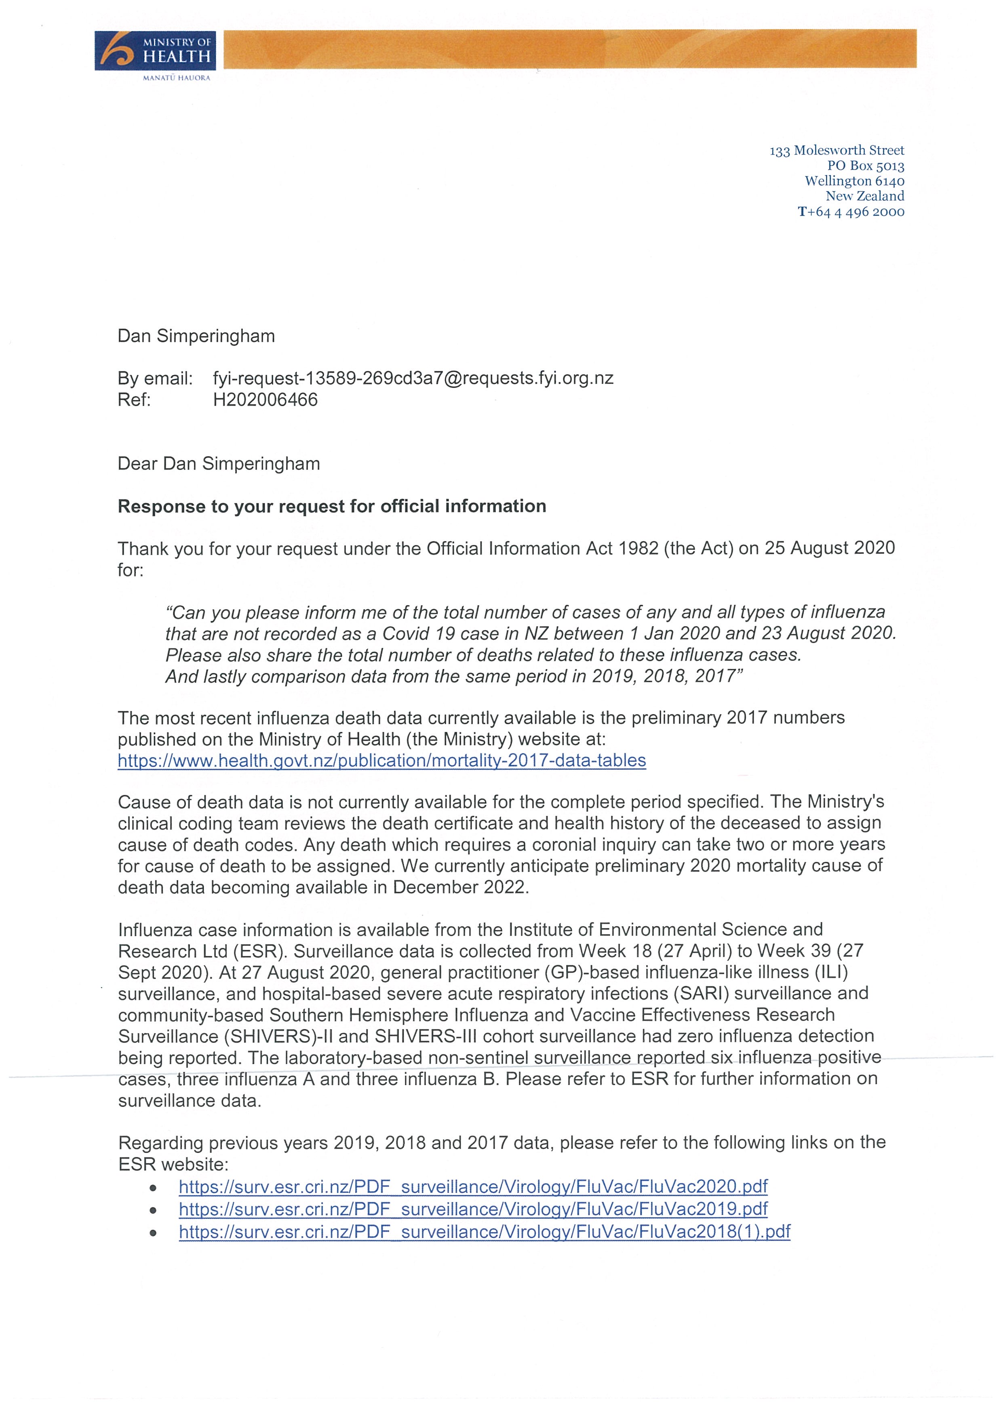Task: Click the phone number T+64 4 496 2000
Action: pyautogui.click(x=851, y=212)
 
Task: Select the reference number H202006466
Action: pyautogui.click(x=265, y=400)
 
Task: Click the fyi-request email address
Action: pyautogui.click(x=413, y=378)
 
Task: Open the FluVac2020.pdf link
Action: pyautogui.click(x=472, y=1186)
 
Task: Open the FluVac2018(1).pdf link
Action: pyautogui.click(x=484, y=1231)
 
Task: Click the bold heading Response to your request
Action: pyautogui.click(x=332, y=506)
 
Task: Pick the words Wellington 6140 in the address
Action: pyautogui.click(x=854, y=181)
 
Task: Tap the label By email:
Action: pyautogui.click(x=155, y=378)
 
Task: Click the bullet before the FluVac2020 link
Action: pyautogui.click(x=152, y=1187)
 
